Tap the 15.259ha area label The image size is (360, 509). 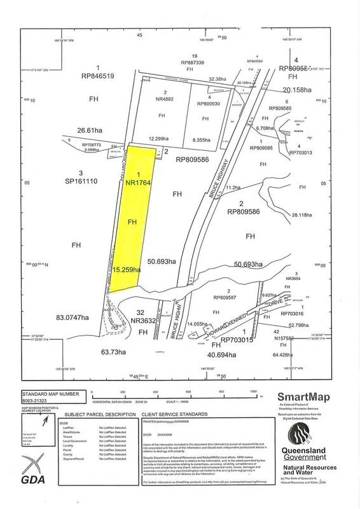[126, 270]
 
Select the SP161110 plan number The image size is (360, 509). [78, 181]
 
